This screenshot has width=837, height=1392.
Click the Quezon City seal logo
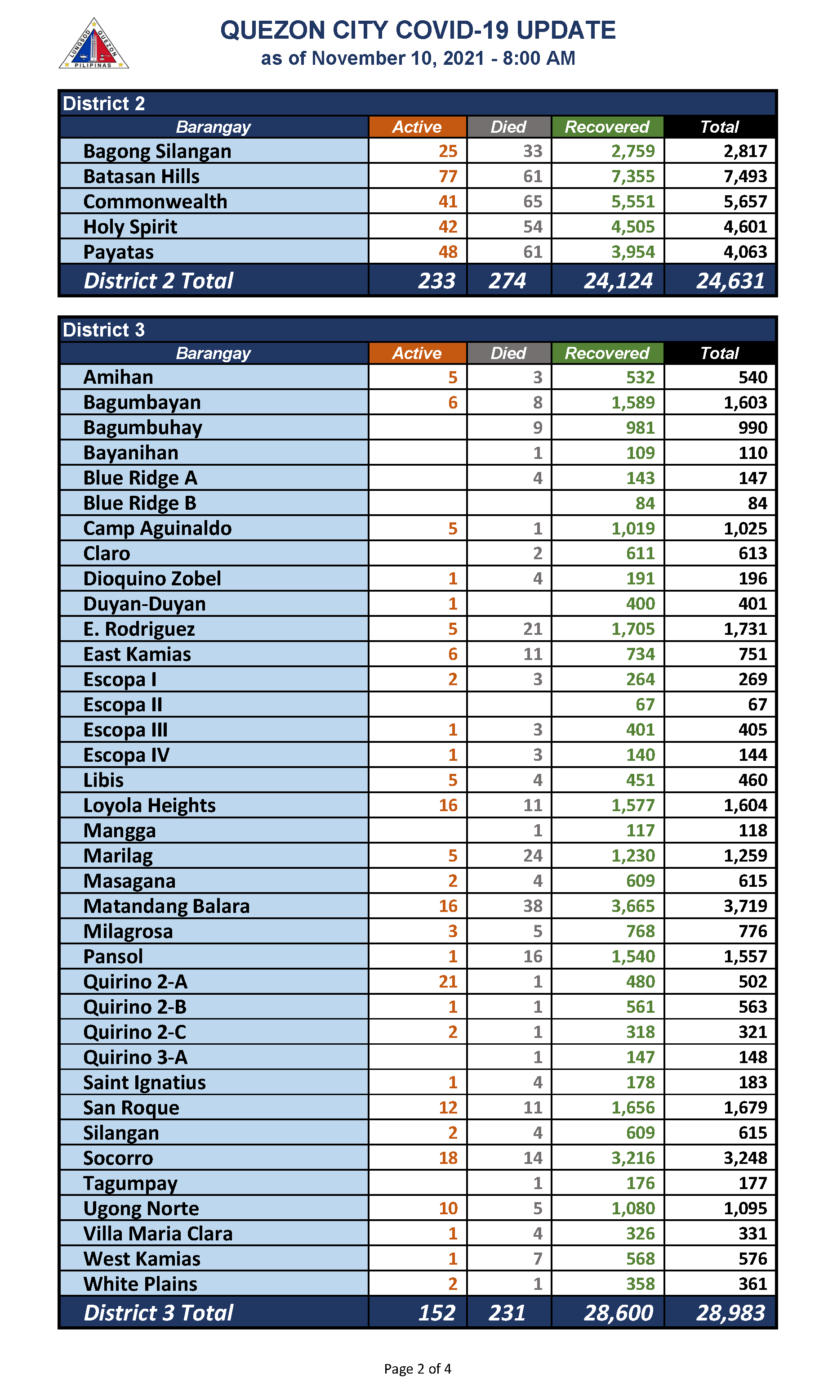[x=93, y=44]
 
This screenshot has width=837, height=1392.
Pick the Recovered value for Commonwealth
[x=632, y=202]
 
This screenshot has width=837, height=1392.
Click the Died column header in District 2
[x=508, y=127]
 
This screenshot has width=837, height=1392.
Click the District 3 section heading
[x=104, y=330]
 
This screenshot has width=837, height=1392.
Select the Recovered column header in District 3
[x=607, y=353]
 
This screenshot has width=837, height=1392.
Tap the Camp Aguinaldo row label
[x=157, y=528]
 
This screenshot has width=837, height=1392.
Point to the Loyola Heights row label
[x=149, y=805]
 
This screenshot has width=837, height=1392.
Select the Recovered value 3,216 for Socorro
[x=632, y=1158]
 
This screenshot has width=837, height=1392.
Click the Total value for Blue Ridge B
[x=757, y=503]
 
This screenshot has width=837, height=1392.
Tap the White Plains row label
[x=140, y=1284]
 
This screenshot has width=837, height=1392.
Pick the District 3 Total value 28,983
[x=730, y=1313]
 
